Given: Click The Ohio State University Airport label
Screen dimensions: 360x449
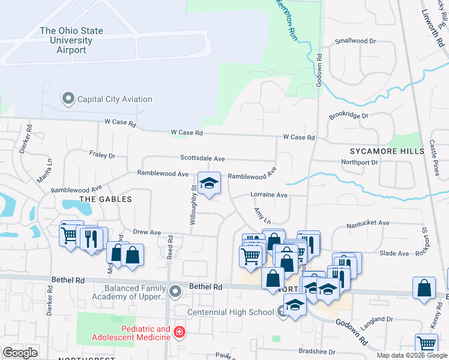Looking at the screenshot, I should (71, 40).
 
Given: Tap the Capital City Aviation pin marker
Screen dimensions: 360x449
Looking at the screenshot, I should (68, 98).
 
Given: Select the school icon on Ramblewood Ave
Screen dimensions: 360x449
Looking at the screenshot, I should (209, 185).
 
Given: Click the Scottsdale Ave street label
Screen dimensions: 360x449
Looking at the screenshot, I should (202, 158).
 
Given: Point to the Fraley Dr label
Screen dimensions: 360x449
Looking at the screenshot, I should (102, 155).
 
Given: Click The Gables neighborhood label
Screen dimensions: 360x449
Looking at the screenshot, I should (105, 198).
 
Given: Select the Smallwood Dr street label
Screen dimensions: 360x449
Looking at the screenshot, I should (355, 41).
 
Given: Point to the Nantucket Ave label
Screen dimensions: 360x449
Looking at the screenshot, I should (369, 223).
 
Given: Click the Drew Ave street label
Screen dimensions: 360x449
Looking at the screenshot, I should (147, 232).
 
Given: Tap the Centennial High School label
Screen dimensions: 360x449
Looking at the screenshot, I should (231, 312).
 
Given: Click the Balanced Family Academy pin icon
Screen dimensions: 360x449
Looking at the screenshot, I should (175, 292).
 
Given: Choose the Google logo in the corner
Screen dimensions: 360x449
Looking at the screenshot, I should (20, 353).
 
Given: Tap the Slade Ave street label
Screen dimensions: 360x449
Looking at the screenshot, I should (394, 253).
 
